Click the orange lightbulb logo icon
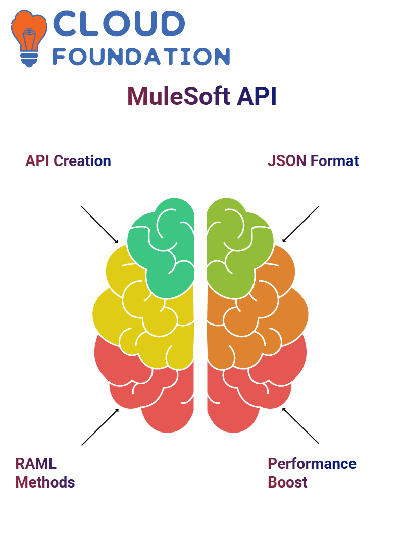point(29,38)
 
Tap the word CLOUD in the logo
point(119,23)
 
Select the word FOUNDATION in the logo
point(141,57)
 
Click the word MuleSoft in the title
point(179,96)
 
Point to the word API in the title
point(257,96)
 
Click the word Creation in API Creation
point(82,161)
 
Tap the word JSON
point(287,161)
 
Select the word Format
point(334,161)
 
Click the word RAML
point(36,464)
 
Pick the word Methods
point(45,482)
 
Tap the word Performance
point(312,464)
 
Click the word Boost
point(287,482)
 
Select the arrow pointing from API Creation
point(99,225)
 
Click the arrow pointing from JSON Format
point(300,224)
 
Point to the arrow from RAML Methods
point(100,427)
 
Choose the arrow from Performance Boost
point(300,425)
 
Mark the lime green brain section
point(238,248)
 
